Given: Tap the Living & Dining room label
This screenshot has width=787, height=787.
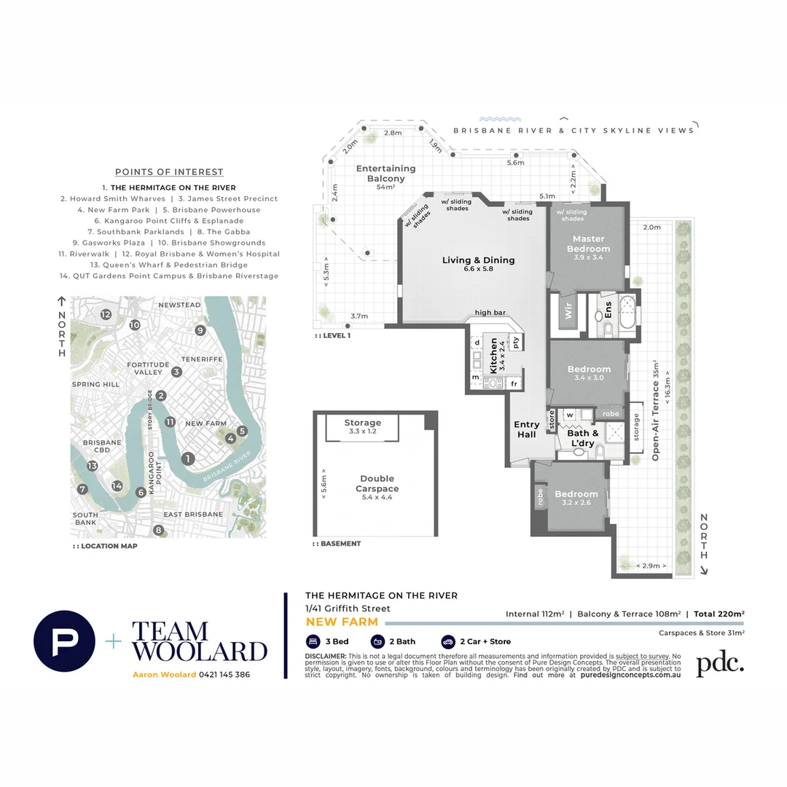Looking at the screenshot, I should pyautogui.click(x=478, y=260).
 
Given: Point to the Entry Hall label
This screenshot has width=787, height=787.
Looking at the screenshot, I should pyautogui.click(x=526, y=429).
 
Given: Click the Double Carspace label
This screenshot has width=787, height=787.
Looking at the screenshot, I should pyautogui.click(x=376, y=484).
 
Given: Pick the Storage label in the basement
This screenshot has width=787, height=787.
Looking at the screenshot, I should pyautogui.click(x=362, y=423).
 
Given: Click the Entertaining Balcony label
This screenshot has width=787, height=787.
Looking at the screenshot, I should pyautogui.click(x=385, y=173).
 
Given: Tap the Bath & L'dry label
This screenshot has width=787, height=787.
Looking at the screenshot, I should pyautogui.click(x=582, y=438).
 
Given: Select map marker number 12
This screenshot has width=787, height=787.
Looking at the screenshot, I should pyautogui.click(x=106, y=314).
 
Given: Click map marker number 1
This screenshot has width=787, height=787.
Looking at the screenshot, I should pyautogui.click(x=188, y=458).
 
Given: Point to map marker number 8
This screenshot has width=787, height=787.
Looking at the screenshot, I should pyautogui.click(x=158, y=530).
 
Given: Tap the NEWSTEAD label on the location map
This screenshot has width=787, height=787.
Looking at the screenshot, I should pyautogui.click(x=179, y=305).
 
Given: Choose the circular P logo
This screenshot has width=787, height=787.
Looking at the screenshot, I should pyautogui.click(x=64, y=641).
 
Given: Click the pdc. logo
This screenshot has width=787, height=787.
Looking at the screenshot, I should pyautogui.click(x=719, y=664).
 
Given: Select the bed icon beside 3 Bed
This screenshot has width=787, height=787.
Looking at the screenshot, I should pyautogui.click(x=313, y=642).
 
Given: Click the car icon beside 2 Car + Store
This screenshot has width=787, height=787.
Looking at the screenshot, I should pyautogui.click(x=447, y=642).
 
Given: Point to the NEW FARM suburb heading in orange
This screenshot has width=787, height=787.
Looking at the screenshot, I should pyautogui.click(x=342, y=622).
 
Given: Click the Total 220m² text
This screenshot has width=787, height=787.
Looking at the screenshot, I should pyautogui.click(x=719, y=614).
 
